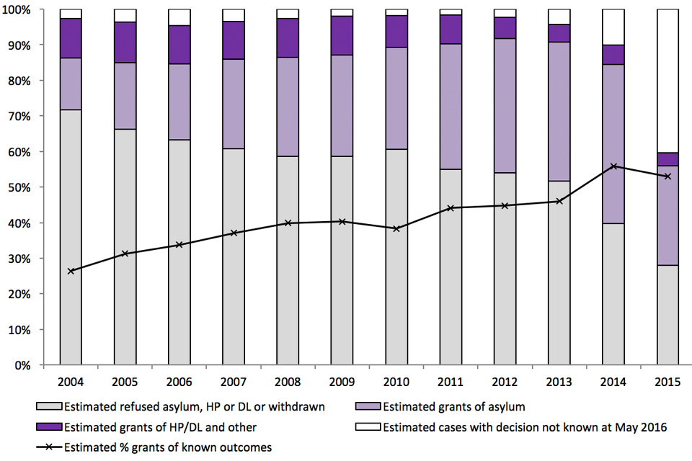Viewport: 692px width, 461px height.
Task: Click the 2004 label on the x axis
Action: (x=71, y=379)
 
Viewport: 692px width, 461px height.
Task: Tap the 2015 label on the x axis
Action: (x=667, y=379)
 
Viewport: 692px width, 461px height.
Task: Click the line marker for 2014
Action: (x=613, y=166)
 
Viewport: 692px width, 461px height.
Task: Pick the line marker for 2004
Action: (x=71, y=271)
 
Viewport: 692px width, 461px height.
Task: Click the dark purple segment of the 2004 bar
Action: (x=71, y=38)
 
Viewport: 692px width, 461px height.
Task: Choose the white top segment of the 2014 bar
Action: (x=613, y=27)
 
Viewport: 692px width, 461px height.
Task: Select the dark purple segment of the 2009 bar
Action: (x=342, y=35)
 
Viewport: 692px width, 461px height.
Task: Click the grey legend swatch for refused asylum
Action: (x=52, y=407)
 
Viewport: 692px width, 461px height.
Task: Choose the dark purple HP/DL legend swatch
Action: (x=52, y=426)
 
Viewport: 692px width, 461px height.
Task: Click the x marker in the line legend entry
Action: (x=52, y=446)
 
